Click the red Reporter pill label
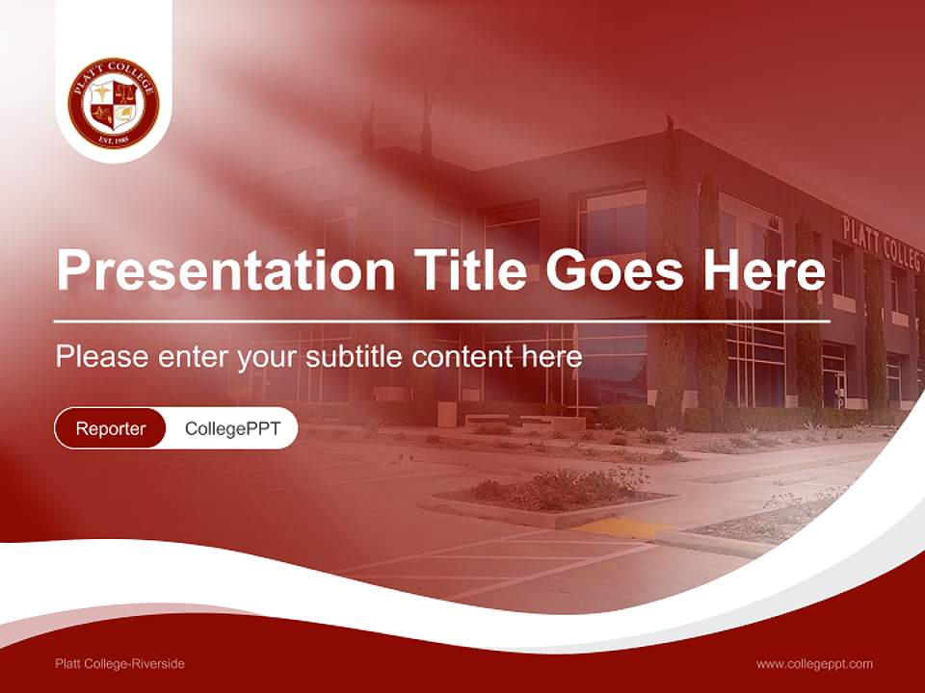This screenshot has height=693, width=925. pos(111,428)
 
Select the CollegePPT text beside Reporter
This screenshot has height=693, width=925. pos(232,428)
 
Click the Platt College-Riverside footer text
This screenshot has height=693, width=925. pos(119,664)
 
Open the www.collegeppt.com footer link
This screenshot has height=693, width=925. pos(814,664)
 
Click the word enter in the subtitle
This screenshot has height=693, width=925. pos(197,357)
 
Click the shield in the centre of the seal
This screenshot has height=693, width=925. pos(114,105)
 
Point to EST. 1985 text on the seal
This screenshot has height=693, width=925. pos(114,141)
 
